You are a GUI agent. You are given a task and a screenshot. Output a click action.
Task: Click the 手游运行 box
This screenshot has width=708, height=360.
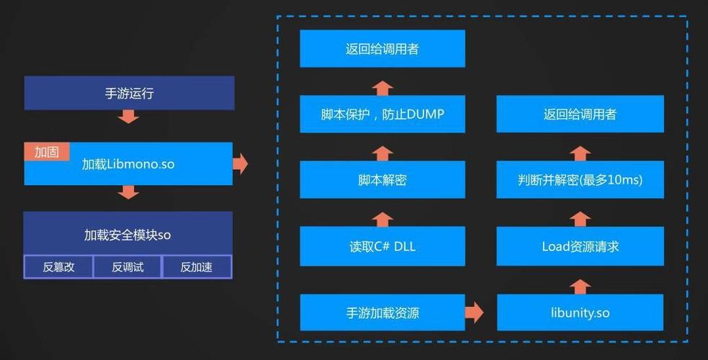(129, 93)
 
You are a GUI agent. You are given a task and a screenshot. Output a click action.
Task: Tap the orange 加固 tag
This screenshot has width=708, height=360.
(47, 151)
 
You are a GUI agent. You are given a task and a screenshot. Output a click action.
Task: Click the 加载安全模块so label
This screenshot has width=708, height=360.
(127, 234)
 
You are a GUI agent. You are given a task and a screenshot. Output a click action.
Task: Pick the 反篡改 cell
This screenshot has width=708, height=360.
(58, 267)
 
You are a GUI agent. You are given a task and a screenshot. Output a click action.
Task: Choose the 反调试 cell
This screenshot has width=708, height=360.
(127, 267)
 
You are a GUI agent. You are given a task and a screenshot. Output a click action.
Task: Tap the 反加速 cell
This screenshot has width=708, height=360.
(196, 267)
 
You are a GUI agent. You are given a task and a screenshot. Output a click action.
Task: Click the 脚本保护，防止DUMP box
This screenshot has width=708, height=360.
(382, 114)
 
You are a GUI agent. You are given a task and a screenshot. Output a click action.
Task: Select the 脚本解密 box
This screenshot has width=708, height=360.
(382, 180)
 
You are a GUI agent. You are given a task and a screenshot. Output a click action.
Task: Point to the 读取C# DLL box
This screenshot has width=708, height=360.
(382, 246)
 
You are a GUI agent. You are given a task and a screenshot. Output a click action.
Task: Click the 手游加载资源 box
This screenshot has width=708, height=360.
(382, 312)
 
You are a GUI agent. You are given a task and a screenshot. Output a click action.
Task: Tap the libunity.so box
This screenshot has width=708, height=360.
(580, 312)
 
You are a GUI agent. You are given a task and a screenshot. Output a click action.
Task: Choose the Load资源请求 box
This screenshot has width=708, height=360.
(580, 246)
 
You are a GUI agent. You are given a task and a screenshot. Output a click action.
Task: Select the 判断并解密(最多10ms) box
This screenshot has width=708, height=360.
(580, 180)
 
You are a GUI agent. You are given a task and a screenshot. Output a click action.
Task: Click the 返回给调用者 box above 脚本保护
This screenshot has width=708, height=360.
(382, 49)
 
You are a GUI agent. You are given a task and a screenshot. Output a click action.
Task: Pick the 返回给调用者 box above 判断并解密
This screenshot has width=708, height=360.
(580, 114)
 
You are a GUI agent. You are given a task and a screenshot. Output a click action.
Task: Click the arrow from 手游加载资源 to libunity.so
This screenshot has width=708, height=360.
(473, 312)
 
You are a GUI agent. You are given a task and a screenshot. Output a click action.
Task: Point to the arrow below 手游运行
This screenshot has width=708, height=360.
(128, 116)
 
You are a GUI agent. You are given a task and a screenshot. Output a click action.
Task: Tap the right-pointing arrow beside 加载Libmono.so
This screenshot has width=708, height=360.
(241, 164)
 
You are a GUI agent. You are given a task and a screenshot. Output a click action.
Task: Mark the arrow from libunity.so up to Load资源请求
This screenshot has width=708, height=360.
(580, 286)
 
